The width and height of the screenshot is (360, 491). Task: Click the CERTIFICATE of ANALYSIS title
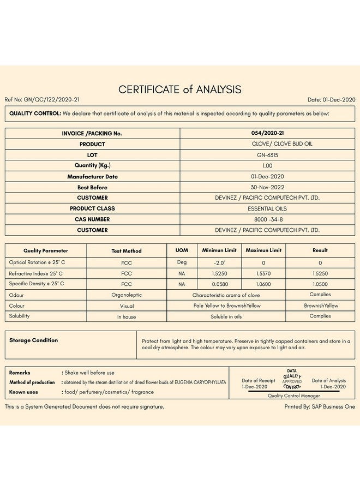point(180,89)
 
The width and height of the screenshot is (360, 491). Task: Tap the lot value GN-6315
point(267,155)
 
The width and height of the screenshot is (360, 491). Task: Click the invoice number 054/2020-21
point(267,133)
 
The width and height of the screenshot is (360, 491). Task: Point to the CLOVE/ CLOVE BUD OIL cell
point(267,144)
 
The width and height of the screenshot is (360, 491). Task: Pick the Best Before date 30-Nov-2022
point(267,187)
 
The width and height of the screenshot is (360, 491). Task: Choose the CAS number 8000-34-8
point(267,219)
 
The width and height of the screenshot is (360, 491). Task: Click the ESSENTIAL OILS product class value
point(267,208)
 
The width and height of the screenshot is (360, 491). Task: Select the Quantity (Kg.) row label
point(92,165)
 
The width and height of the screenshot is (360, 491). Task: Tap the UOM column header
point(182,250)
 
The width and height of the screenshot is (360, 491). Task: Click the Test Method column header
point(127,251)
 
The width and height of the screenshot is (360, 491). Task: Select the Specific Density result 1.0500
point(320,284)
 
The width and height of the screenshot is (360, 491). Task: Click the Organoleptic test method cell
point(127,295)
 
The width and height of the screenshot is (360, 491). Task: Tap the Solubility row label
point(20,316)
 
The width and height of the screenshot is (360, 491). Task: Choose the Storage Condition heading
point(33,340)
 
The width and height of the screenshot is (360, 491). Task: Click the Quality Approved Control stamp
point(292,379)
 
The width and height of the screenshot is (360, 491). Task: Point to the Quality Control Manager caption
point(294,396)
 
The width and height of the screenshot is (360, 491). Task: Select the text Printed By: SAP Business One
point(320,406)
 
